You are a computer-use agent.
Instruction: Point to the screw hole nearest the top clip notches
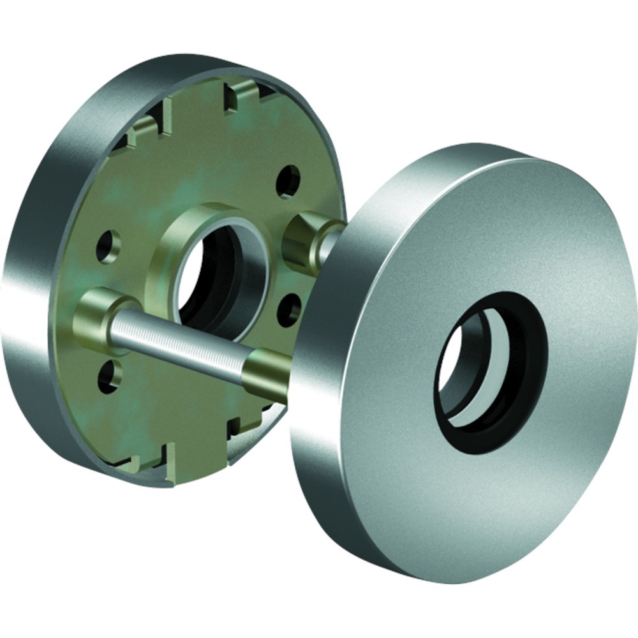pos(288,181)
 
